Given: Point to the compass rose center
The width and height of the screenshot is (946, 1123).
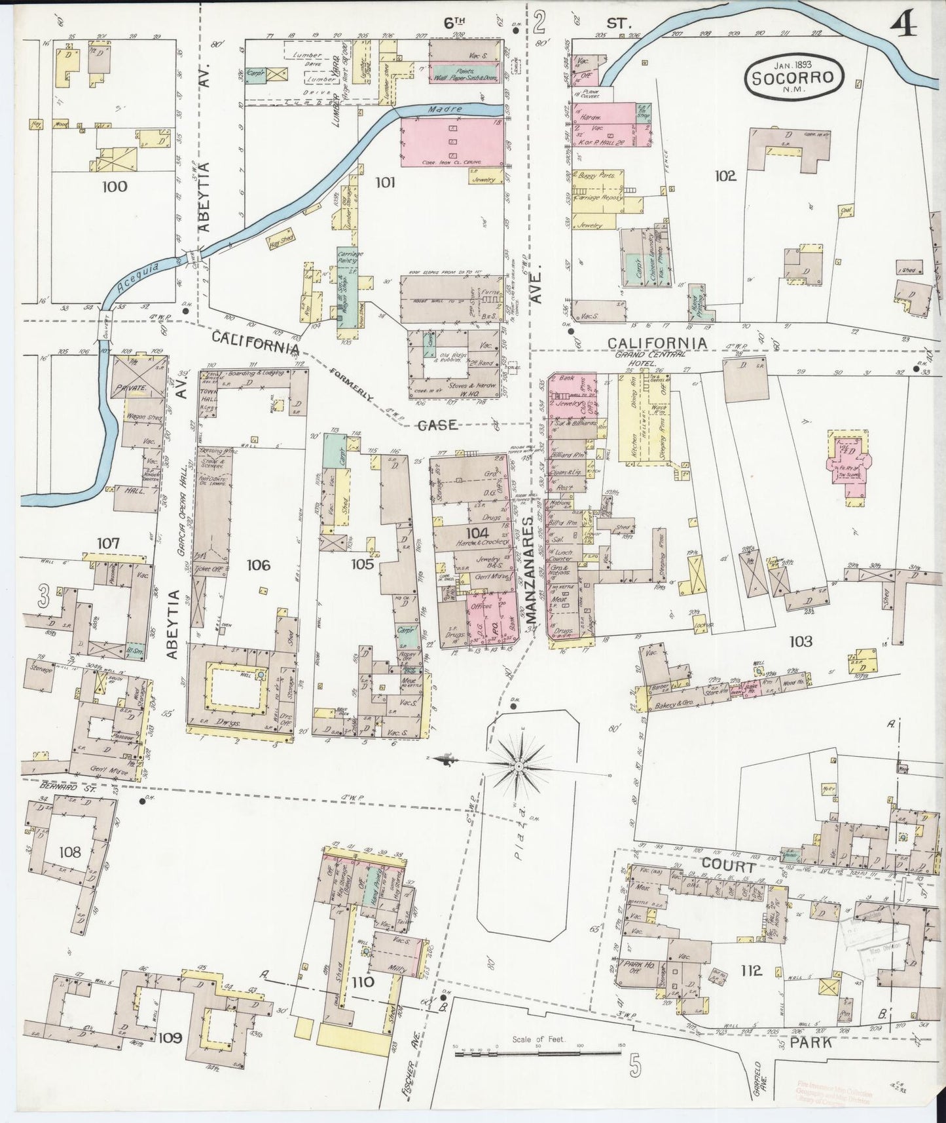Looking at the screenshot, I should tap(518, 765).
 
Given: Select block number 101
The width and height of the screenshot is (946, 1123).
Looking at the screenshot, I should tap(385, 182).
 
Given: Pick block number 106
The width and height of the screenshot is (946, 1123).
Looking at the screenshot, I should tap(258, 565).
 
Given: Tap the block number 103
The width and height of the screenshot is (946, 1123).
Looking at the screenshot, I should tap(801, 641).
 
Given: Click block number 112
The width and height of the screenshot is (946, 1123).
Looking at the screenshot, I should tap(751, 970).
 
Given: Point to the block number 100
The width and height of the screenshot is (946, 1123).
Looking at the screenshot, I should tap(115, 187).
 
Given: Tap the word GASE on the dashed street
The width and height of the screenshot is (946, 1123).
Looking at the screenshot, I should tap(437, 425).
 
